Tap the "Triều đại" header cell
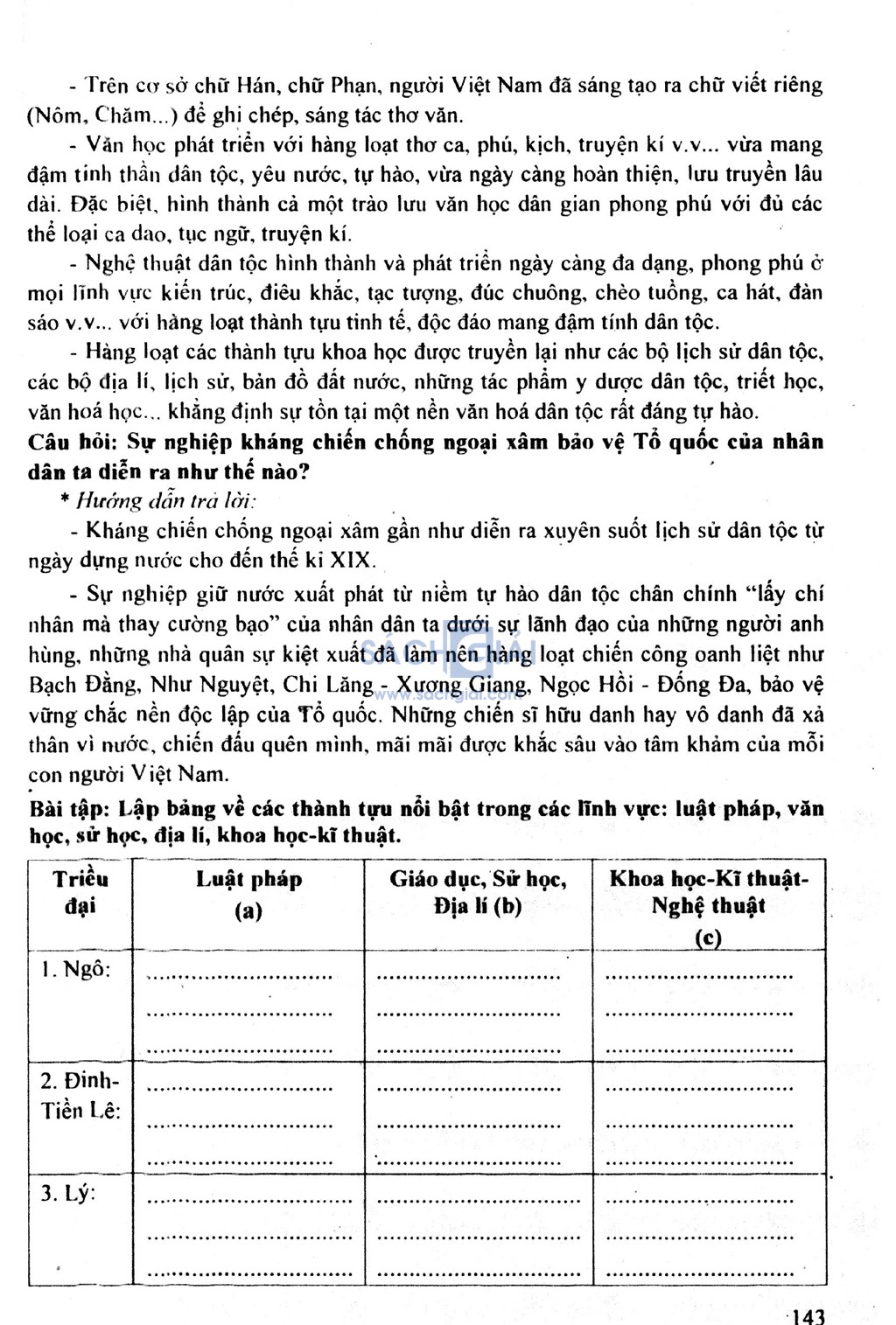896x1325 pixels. point(80,892)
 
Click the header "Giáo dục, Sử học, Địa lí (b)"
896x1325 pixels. point(478,892)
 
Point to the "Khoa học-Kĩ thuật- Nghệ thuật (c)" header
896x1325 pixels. point(709,906)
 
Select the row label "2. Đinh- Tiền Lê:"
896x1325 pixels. point(80,1095)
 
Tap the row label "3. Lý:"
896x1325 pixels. point(67,1193)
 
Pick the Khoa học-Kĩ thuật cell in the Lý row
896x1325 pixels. point(709,1230)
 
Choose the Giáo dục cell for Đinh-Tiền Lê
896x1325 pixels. point(478,1118)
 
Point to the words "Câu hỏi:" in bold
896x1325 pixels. point(73,442)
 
